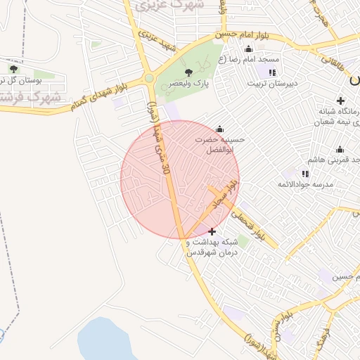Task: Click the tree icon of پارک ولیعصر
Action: pos(188,72)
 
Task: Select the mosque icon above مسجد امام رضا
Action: pos(248,49)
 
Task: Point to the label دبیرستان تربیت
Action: pos(273,83)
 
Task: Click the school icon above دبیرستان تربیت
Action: pos(272,72)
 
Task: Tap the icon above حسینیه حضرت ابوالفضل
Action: pos(220,129)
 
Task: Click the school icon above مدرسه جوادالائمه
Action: pos(305,174)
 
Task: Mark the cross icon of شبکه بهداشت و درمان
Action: pos(212,231)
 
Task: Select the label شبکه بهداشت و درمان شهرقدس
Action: pos(212,247)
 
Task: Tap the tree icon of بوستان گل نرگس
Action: pos(13,69)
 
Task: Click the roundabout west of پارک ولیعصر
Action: pos(149,78)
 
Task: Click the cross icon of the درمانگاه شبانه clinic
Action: pos(341,101)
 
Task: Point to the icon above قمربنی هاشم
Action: pos(340,150)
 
